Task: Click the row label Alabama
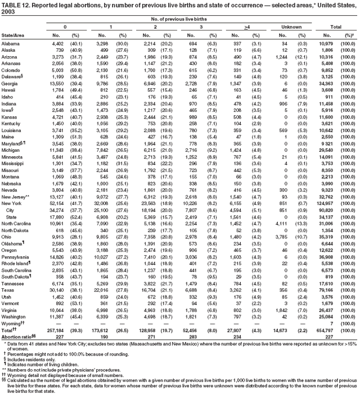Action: click(11, 43)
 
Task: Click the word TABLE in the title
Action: click(11, 4)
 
